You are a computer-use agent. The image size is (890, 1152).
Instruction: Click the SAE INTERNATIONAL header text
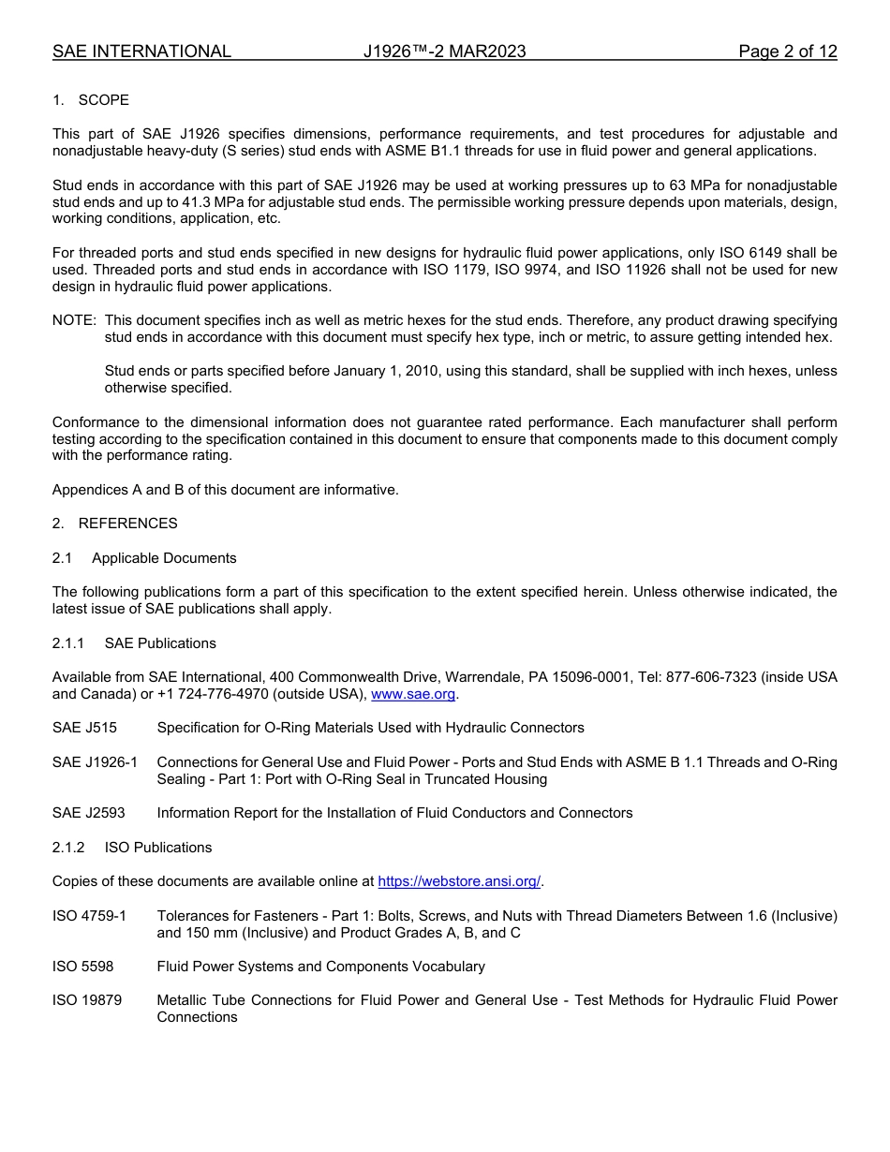tap(141, 52)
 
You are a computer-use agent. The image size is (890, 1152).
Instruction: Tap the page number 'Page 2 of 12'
tap(787, 52)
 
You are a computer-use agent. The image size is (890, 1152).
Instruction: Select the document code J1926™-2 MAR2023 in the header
tap(444, 52)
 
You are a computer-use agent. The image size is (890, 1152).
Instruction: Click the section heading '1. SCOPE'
tap(91, 100)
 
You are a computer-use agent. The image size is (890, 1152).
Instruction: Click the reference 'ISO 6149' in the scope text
tap(784, 253)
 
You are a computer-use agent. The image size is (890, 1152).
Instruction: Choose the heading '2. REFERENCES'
tap(114, 523)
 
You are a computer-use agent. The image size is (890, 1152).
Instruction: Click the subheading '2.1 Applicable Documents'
tap(144, 557)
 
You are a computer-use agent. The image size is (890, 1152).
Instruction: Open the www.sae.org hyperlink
tap(413, 694)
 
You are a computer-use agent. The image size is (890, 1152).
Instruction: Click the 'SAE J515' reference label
tap(84, 728)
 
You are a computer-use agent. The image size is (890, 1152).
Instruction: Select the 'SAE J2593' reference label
tap(88, 812)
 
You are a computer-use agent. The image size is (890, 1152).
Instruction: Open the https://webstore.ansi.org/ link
tap(459, 881)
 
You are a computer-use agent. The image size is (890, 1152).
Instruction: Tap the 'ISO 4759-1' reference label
tap(89, 915)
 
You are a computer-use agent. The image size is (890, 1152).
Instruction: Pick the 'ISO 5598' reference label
tap(82, 966)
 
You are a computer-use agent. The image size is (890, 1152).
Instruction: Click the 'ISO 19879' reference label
tap(86, 1000)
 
